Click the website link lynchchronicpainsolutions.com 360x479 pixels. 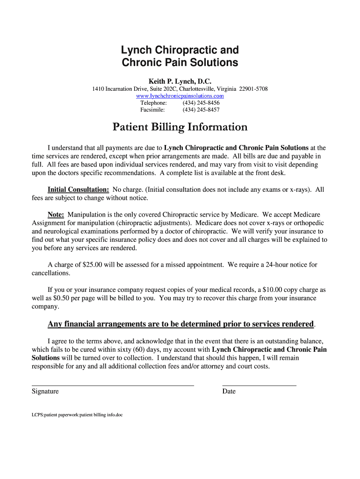(x=180, y=96)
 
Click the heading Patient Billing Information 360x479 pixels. (x=180, y=127)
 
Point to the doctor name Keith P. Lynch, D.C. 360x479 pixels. (x=180, y=81)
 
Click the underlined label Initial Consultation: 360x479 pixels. (x=79, y=189)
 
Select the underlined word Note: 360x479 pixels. (x=56, y=214)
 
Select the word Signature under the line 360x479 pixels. (x=45, y=392)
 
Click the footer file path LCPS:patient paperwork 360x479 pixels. (x=77, y=414)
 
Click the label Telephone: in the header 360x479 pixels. (x=153, y=103)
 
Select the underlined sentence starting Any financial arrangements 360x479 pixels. (x=181, y=324)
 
